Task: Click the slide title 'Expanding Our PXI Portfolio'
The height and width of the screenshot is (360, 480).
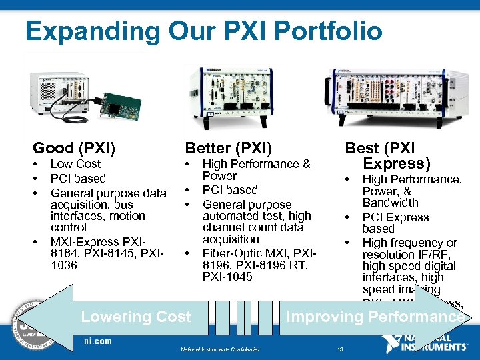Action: pos(203,31)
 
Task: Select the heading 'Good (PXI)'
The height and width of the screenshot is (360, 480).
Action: pos(74,147)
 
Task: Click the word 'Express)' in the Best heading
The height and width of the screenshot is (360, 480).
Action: pos(397,163)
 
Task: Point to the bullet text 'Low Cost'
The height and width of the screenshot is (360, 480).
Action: pos(75,164)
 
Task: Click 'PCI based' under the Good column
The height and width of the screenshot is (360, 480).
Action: pos(78,179)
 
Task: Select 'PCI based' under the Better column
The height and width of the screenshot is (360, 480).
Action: pos(230,190)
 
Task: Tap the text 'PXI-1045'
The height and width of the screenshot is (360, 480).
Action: pos(227,276)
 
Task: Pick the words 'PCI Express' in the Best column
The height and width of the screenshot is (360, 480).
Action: pos(395,217)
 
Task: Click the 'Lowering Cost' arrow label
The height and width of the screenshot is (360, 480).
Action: pos(136,317)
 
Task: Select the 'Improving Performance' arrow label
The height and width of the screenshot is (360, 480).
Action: pos(375,317)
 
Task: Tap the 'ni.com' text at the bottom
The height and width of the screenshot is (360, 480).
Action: pos(98,341)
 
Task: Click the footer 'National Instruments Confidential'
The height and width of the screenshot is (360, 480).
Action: pos(220,349)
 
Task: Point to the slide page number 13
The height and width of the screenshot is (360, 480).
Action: pos(340,349)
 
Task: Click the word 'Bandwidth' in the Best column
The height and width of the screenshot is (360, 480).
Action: pos(390,203)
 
